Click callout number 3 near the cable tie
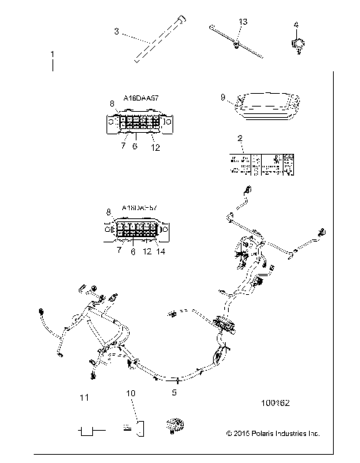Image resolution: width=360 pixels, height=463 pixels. coord(116,31)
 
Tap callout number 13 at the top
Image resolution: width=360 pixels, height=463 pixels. coord(242,22)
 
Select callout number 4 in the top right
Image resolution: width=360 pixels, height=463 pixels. coord(295,24)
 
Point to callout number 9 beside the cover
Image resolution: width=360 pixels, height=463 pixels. coord(223,97)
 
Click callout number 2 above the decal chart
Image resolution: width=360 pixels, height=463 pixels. coord(239,138)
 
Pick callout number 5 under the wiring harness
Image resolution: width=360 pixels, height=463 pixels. coord(175,391)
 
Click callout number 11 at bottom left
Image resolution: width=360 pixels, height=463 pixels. coord(85,396)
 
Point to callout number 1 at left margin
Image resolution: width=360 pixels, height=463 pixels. coord(52,55)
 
